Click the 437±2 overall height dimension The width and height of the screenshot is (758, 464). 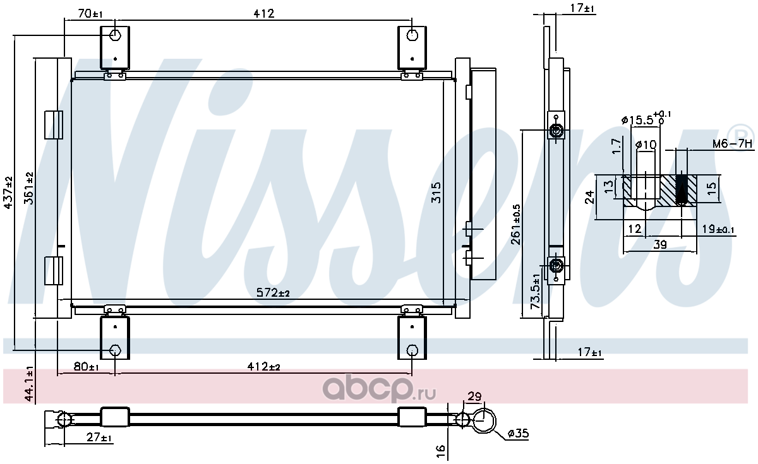(8, 193)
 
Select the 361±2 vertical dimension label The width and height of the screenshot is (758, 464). (29, 188)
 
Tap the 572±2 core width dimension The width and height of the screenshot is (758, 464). (273, 292)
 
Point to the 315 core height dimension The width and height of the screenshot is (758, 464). (436, 193)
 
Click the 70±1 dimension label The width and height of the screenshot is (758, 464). (90, 13)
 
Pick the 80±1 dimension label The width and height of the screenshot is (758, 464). (86, 366)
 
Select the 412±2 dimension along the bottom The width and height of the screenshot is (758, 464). (263, 366)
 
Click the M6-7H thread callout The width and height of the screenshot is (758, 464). (733, 144)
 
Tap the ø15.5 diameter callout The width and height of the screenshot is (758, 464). (646, 119)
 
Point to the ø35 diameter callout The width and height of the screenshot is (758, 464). (518, 433)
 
